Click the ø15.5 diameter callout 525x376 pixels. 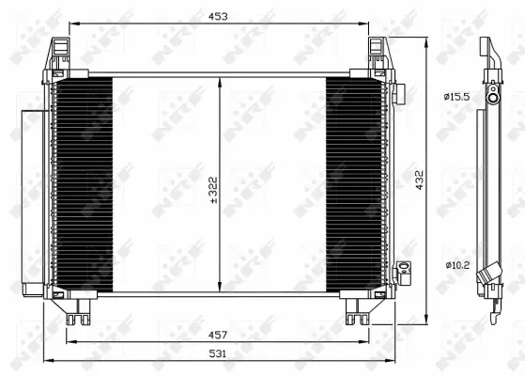(x=456, y=96)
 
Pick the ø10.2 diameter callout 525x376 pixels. (x=456, y=264)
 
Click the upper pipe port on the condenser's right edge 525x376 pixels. (x=398, y=94)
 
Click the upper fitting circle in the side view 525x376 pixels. (x=492, y=96)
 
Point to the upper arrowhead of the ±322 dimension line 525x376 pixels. (x=220, y=82)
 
